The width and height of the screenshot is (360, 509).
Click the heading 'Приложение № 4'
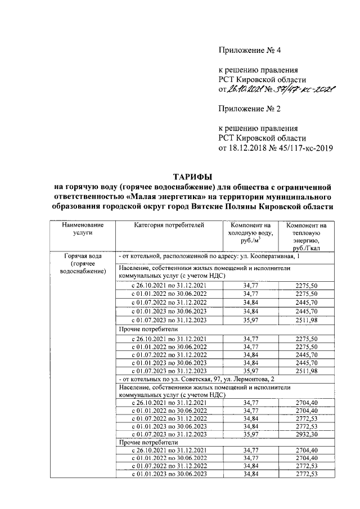pyautogui.click(x=249, y=51)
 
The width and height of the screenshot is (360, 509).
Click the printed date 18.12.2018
pyautogui.click(x=245, y=148)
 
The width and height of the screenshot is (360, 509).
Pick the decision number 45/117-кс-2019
pyautogui.click(x=305, y=148)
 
